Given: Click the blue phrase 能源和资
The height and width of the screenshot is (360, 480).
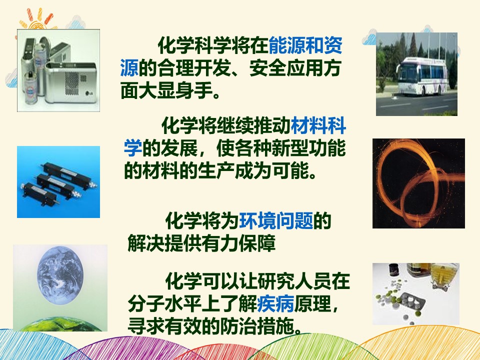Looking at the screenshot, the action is tap(305, 45).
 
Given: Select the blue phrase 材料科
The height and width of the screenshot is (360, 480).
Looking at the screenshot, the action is tap(318, 125).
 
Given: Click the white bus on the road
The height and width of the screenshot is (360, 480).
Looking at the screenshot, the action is tap(422, 76).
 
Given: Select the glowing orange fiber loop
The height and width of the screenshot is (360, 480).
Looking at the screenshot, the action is tap(419, 183).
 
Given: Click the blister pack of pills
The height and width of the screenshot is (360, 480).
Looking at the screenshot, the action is tap(411, 302).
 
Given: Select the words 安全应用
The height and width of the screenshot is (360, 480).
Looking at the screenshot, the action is tap(286, 68).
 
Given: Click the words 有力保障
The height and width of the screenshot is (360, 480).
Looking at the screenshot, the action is tap(238, 243).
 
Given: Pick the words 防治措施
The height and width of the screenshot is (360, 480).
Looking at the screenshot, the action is tap(257, 326).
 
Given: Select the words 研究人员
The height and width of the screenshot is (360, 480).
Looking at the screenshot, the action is tap(294, 280).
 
